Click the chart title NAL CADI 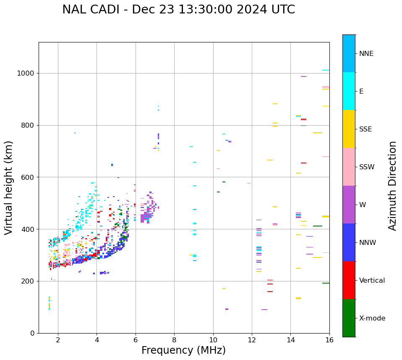pos(178,10)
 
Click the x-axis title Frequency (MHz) pos(183,350)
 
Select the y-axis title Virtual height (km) pos(9,187)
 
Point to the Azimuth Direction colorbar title pos(392,185)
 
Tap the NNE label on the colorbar pos(366,54)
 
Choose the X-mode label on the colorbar pos(372,318)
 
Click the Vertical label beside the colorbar pos(372,281)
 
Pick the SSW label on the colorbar pos(367,167)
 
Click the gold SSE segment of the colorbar pos(349,129)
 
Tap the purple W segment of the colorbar pos(349,205)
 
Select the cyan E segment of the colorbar pos(349,91)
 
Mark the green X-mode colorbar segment pos(349,318)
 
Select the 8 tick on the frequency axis pos(174,339)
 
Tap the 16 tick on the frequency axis pos(329,339)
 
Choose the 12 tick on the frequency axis pos(252,339)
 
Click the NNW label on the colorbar pos(368,243)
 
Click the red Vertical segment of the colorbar pos(349,280)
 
